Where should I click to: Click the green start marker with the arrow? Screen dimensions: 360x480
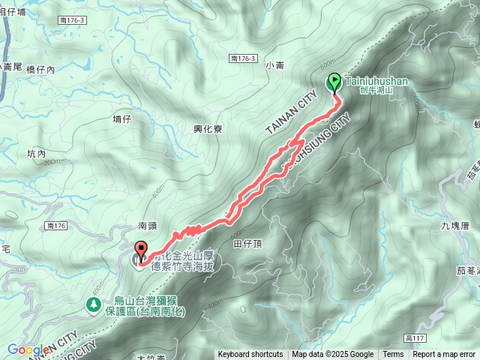coord(333,83)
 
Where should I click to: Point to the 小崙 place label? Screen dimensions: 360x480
coord(275,65)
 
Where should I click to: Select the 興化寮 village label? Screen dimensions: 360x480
coord(208,129)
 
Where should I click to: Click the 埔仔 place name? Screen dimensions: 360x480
coord(122,118)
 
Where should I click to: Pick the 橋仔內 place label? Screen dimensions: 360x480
coord(40,69)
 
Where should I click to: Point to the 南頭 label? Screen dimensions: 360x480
coord(146,225)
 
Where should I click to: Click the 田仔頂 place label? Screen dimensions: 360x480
coord(247,244)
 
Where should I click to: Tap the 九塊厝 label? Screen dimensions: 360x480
coord(454,224)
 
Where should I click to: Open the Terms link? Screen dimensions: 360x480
coord(393,355)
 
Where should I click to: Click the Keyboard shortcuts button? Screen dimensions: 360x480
coord(250,355)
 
